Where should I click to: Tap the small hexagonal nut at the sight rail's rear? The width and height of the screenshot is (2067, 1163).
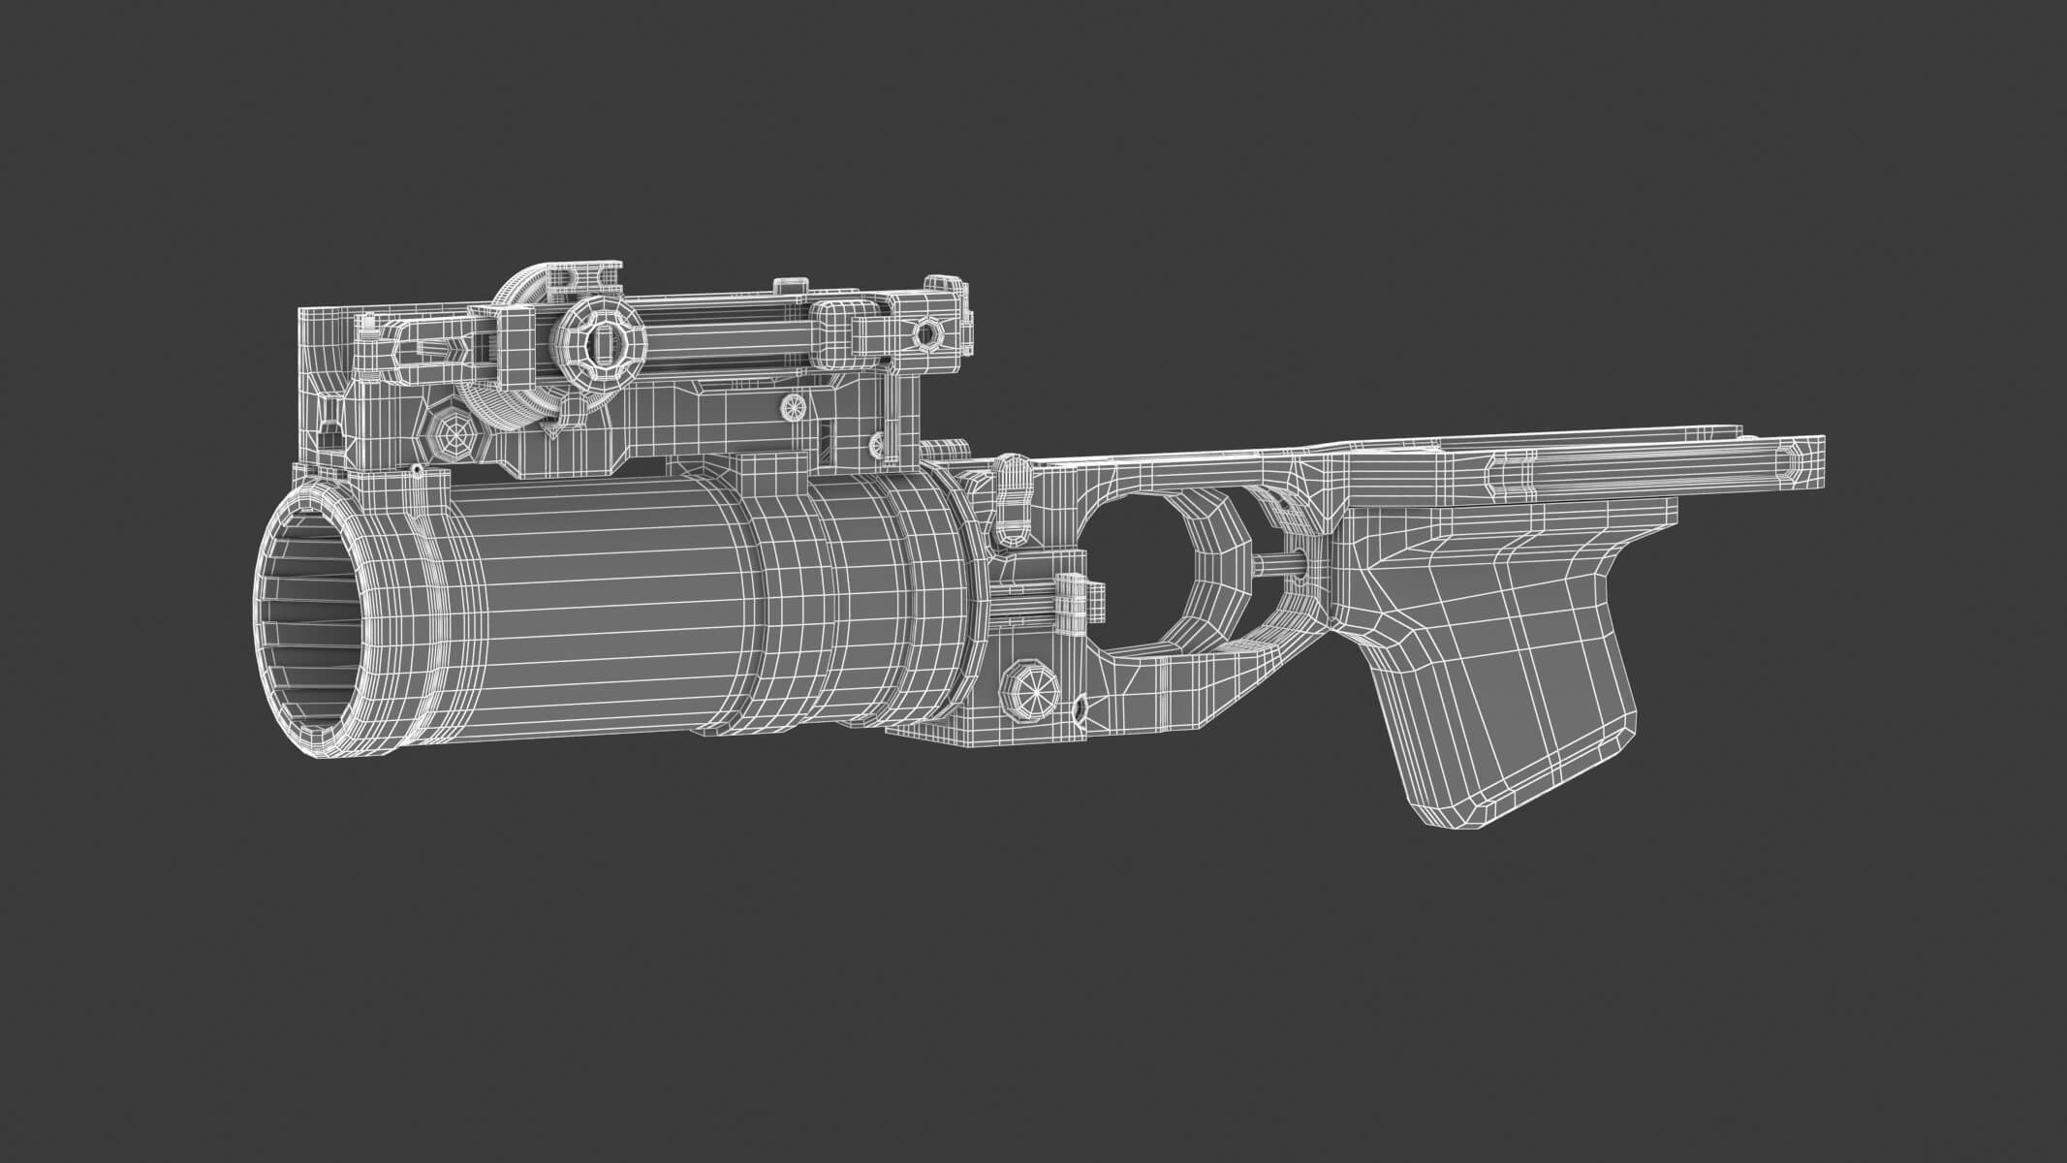[926, 332]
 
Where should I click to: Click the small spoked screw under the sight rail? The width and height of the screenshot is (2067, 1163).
[793, 408]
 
